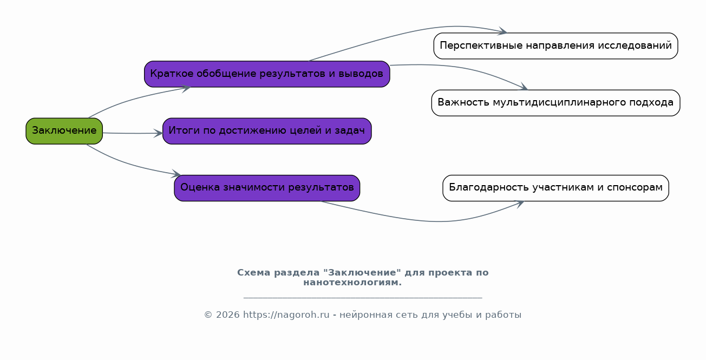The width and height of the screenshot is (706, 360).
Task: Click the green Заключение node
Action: tap(64, 131)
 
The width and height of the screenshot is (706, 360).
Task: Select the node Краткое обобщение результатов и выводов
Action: tap(267, 74)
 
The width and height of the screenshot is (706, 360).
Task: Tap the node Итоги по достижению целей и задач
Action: tap(267, 131)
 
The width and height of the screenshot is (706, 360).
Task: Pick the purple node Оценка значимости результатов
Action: tap(267, 188)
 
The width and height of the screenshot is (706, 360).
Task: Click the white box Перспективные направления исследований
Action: tap(555, 46)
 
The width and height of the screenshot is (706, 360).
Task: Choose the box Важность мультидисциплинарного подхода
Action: tap(555, 103)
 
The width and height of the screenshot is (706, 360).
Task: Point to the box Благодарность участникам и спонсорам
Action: tap(555, 188)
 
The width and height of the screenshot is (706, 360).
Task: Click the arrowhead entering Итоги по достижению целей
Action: tap(158, 133)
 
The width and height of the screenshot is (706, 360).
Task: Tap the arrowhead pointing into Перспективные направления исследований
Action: tap(502, 31)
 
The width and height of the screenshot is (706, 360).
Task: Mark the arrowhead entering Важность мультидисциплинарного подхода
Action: tap(524, 87)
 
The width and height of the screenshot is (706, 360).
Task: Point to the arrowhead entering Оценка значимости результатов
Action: tap(176, 174)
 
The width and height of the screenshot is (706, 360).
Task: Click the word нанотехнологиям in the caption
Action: tap(352, 283)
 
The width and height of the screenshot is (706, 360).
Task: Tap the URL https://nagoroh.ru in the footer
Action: tap(286, 315)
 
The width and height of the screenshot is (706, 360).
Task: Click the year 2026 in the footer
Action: tap(227, 315)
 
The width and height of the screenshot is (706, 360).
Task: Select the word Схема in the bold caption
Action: tap(254, 273)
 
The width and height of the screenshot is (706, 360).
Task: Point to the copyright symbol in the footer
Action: tap(208, 315)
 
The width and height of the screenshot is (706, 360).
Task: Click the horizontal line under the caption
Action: tap(363, 297)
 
